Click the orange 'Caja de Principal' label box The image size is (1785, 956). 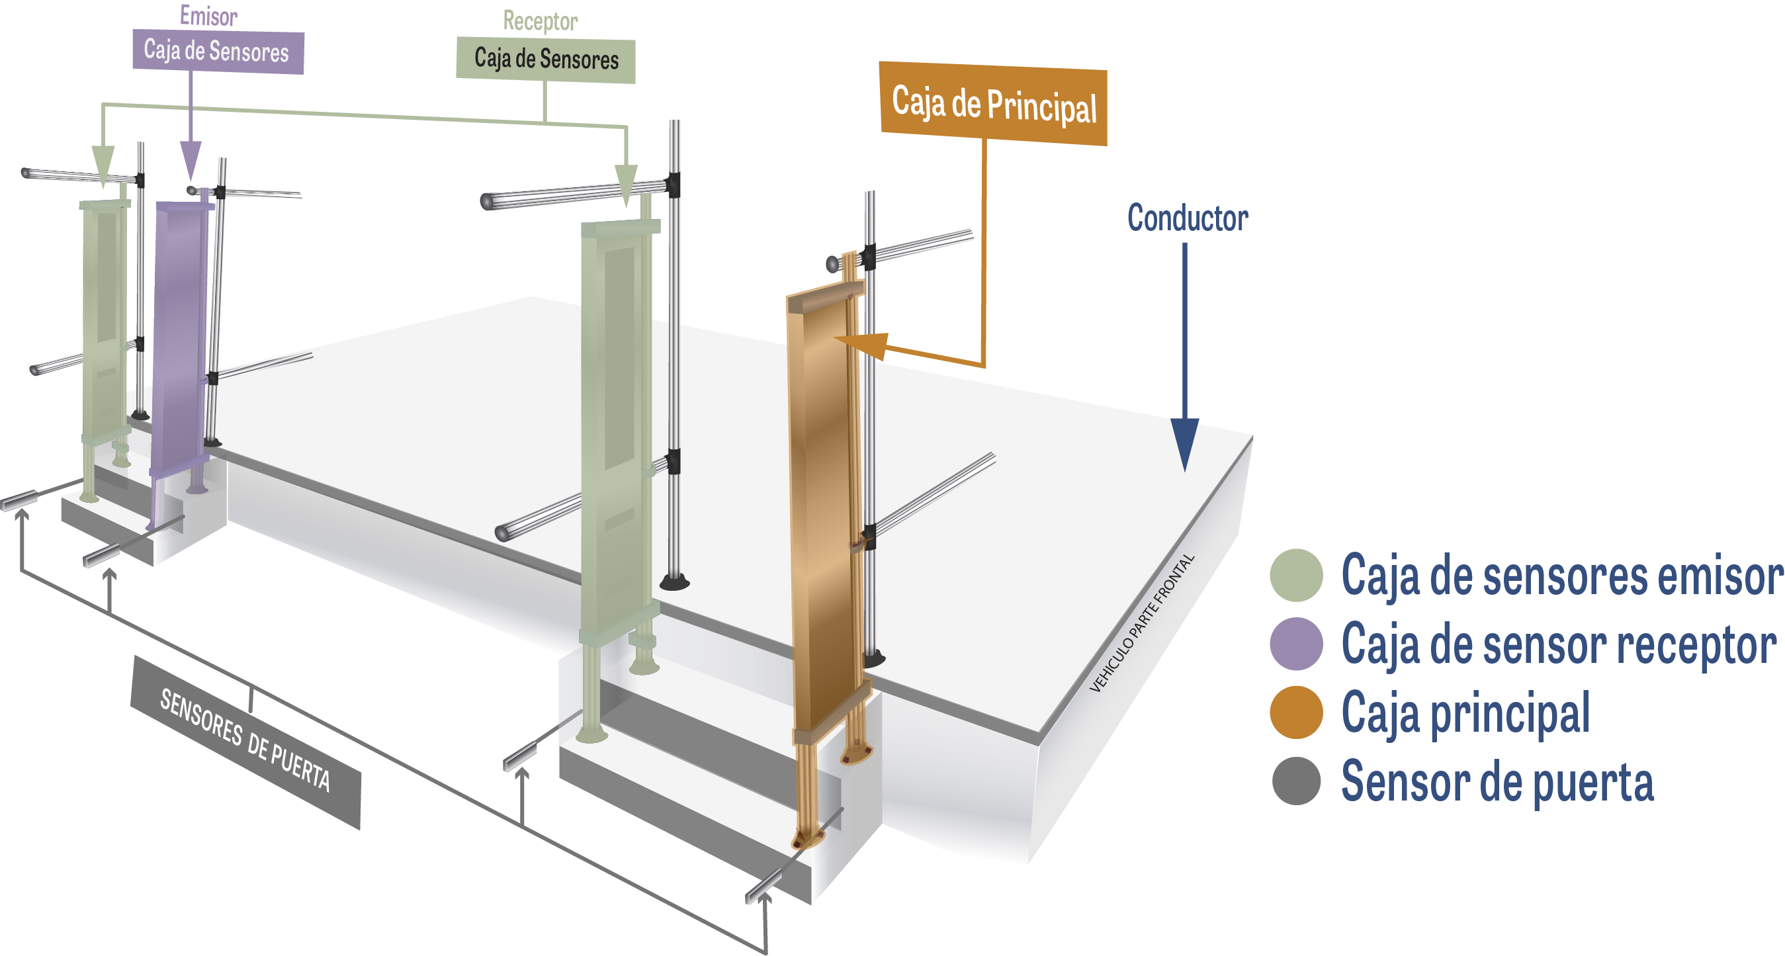click(x=992, y=104)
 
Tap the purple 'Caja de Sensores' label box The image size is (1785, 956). click(x=218, y=51)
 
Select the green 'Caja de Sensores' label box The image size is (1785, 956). click(x=545, y=60)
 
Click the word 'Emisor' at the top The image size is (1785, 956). click(x=208, y=15)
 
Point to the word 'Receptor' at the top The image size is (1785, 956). click(x=540, y=21)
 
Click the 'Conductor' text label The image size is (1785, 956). click(x=1187, y=218)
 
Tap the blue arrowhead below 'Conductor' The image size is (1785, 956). click(x=1185, y=443)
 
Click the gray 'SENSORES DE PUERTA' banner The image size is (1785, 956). click(x=245, y=740)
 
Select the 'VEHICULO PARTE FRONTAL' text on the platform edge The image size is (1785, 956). click(x=1143, y=623)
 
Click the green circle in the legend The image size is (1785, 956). click(x=1296, y=575)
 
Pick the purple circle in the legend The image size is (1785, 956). click(x=1296, y=644)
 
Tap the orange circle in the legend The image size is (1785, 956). click(x=1296, y=712)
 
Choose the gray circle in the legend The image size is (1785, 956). click(x=1296, y=781)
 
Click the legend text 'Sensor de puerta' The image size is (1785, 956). click(x=1497, y=781)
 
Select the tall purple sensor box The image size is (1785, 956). click(x=179, y=333)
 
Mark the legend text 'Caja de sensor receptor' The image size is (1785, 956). click(x=1559, y=644)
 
